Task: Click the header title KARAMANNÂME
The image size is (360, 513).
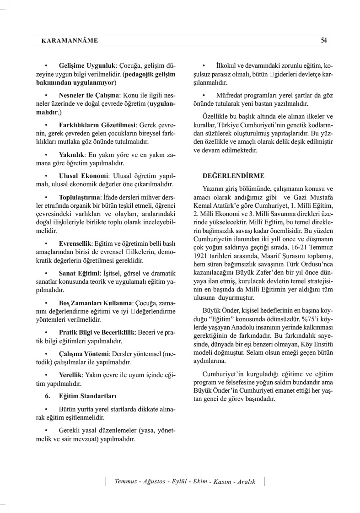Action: (x=66, y=41)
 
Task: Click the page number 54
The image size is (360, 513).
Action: (x=323, y=40)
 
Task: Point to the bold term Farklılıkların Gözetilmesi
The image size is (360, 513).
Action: (x=97, y=125)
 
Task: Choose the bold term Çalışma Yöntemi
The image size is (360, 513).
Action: (x=84, y=354)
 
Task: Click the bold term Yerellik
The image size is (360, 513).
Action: (x=70, y=375)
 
